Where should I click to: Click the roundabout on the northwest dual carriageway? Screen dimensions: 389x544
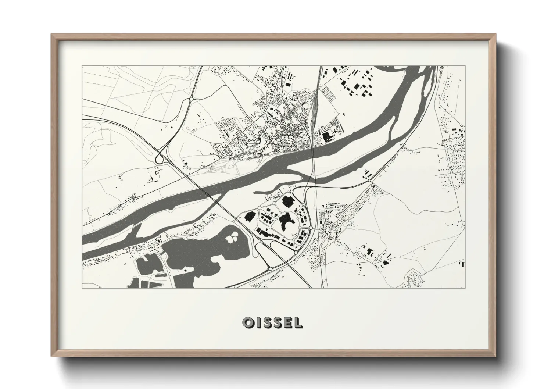click(191, 99)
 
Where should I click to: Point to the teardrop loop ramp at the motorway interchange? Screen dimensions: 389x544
click(159, 158)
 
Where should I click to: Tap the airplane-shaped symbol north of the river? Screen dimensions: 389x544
click(336, 131)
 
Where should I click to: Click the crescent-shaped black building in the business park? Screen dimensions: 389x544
click(286, 221)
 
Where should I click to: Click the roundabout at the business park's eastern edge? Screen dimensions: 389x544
click(311, 228)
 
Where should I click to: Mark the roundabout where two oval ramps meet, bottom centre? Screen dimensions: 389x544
click(271, 269)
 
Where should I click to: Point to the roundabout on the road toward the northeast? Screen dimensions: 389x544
click(369, 181)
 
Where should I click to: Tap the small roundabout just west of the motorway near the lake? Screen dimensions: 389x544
click(235, 222)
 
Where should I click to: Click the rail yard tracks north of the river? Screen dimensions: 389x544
click(313, 110)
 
